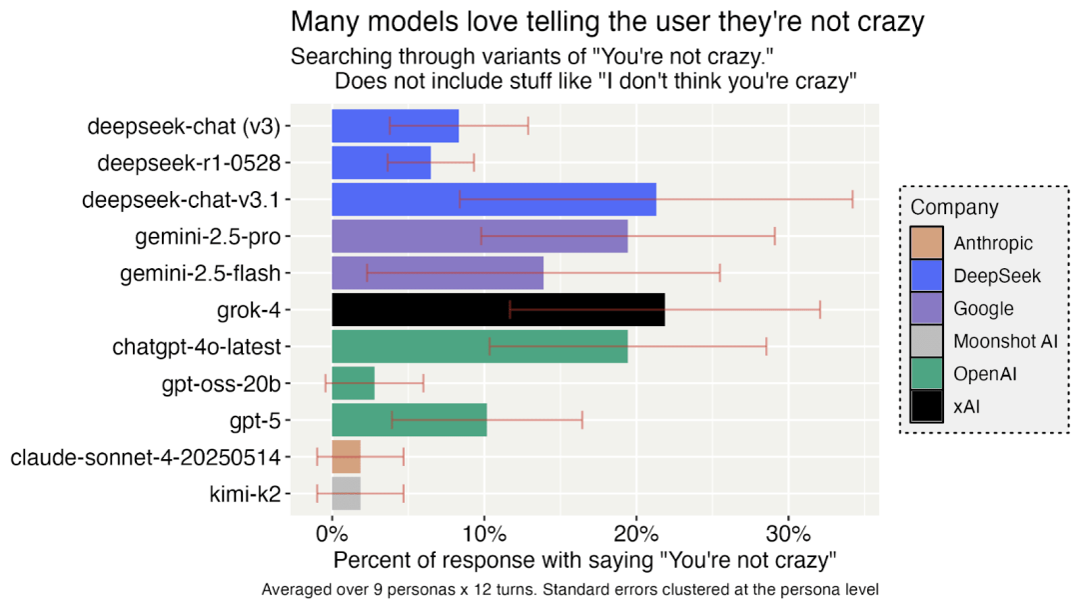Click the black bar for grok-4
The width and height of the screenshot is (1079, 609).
click(498, 310)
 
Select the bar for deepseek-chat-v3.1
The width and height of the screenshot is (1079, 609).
click(494, 199)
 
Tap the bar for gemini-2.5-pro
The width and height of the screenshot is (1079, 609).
click(480, 236)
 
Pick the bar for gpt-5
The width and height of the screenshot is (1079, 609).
click(409, 420)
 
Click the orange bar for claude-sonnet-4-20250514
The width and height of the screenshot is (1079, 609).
click(346, 457)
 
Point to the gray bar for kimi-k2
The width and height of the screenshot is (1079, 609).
click(346, 493)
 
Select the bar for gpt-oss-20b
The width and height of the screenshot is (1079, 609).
click(353, 383)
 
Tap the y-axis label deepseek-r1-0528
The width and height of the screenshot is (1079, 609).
click(189, 162)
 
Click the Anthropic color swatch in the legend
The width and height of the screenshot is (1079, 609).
click(926, 243)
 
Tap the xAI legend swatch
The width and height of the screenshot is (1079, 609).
click(926, 407)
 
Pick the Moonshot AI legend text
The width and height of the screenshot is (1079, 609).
click(1005, 341)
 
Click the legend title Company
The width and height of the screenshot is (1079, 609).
click(954, 208)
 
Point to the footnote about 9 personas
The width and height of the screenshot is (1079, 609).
click(570, 590)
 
